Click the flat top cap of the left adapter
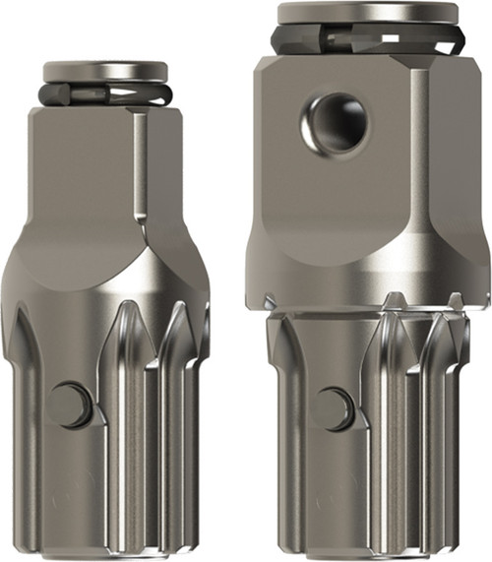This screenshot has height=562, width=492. pos(105,72)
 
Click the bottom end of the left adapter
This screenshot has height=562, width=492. pos(105,551)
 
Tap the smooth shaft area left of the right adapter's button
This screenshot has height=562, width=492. pos(295,413)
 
